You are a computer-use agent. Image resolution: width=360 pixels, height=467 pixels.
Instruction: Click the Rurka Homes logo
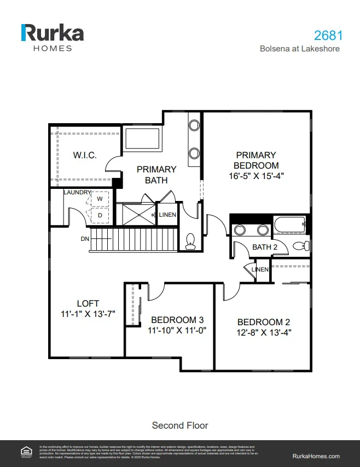pyautogui.click(x=52, y=37)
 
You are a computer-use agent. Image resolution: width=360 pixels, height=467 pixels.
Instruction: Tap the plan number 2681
pyautogui.click(x=328, y=36)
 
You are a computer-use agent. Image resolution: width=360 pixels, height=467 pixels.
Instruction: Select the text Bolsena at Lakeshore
pyautogui.click(x=299, y=49)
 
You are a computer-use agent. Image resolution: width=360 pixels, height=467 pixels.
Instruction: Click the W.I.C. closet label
pyautogui.click(x=85, y=155)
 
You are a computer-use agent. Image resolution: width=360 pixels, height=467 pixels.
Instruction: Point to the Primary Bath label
pyautogui.click(x=156, y=175)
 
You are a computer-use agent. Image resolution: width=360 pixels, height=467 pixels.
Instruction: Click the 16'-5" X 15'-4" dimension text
pyautogui.click(x=257, y=176)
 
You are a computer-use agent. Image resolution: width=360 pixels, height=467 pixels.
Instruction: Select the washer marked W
pyautogui.click(x=100, y=198)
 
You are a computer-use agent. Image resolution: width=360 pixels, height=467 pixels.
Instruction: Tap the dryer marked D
pyautogui.click(x=100, y=215)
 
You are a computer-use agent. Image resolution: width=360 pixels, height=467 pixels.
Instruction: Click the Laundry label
pyautogui.click(x=77, y=192)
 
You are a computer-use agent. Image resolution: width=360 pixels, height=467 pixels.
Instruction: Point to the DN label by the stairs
pyautogui.click(x=85, y=239)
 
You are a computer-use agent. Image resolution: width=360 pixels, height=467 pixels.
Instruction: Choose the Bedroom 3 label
pyautogui.click(x=177, y=320)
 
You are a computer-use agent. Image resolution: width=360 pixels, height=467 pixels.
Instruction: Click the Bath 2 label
pyautogui.click(x=265, y=247)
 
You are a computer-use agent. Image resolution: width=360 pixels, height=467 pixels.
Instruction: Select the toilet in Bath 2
pyautogui.click(x=301, y=246)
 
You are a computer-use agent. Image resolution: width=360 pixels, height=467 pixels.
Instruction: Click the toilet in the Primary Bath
pyautogui.click(x=190, y=241)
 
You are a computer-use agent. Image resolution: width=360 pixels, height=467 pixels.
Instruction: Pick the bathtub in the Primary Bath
pyautogui.click(x=142, y=139)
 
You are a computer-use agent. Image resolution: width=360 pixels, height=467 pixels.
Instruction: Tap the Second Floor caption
pyautogui.click(x=180, y=425)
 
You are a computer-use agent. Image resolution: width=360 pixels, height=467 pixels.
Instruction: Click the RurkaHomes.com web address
pyautogui.click(x=316, y=456)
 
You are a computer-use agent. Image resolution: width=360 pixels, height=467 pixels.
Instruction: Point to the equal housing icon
pyautogui.click(x=25, y=452)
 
